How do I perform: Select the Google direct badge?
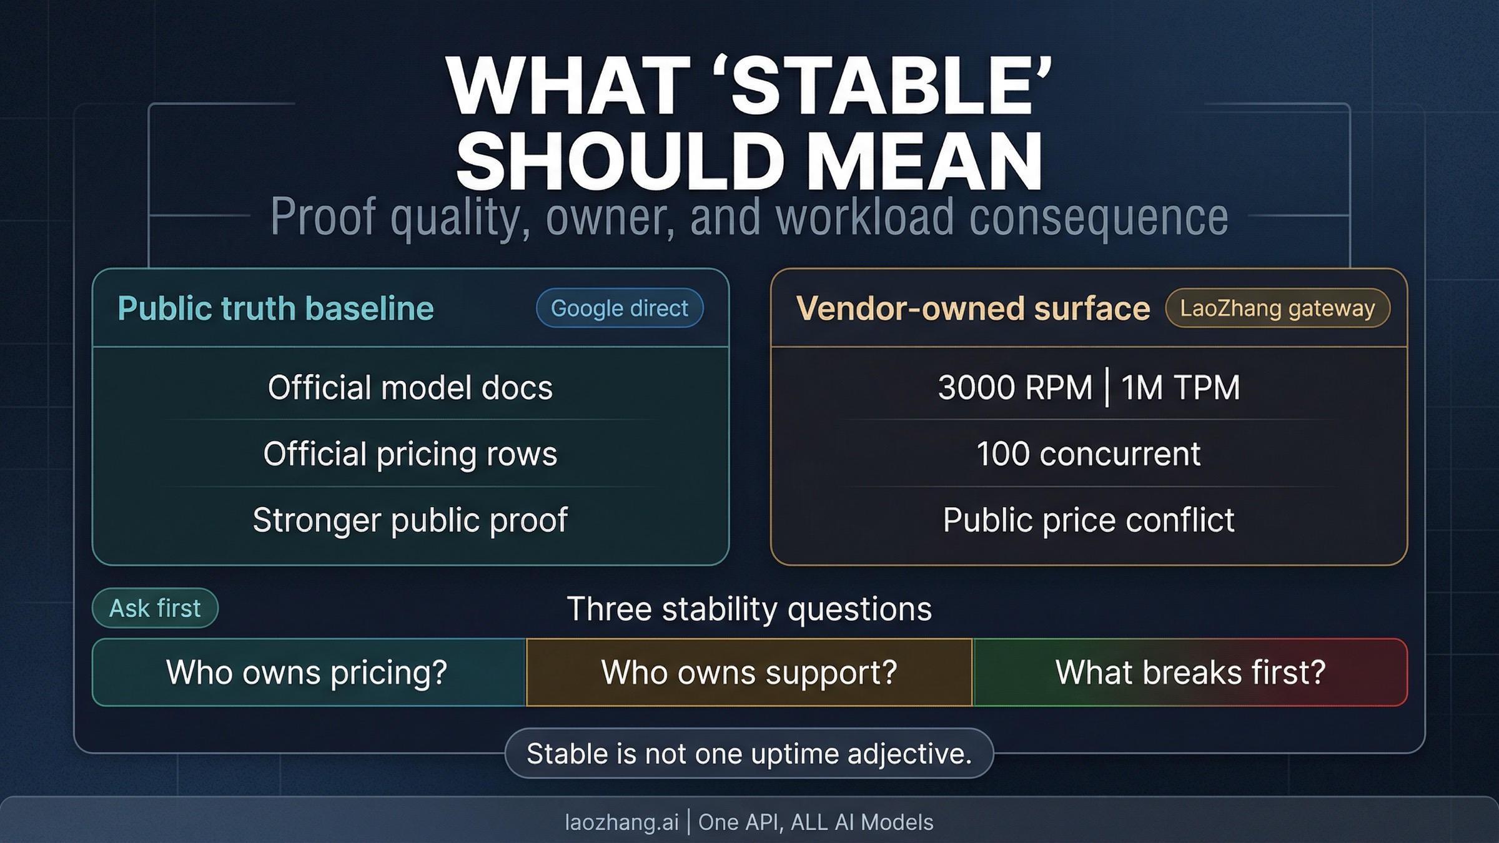coord(620,308)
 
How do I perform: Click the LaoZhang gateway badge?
coord(1277,308)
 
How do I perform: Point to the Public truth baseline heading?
coord(275,308)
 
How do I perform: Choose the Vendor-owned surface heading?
coord(973,308)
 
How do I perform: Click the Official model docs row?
coord(410,387)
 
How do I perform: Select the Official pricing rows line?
coord(410,453)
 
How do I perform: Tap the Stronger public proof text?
coord(410,520)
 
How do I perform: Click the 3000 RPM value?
coord(1015,387)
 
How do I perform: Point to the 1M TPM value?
coord(1180,387)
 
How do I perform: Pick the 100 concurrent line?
coord(1089,453)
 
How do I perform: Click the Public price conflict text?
coord(1089,520)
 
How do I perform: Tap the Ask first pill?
coord(155,608)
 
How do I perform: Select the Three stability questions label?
coord(749,609)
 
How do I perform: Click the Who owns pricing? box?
coord(309,673)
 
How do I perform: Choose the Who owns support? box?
coord(749,673)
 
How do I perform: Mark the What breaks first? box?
coord(1190,673)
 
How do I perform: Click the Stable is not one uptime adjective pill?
coord(749,754)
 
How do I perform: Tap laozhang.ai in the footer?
coord(621,822)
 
